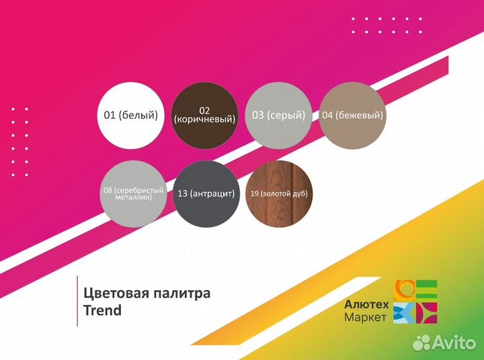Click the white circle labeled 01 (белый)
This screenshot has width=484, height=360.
click(x=131, y=116)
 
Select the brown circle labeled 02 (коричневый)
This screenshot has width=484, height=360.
click(x=205, y=116)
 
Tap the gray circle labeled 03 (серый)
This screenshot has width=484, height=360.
click(x=278, y=116)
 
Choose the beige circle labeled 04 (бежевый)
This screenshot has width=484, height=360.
click(x=352, y=116)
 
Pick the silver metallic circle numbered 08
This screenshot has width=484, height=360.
click(x=132, y=193)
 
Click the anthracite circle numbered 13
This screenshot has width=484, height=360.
click(x=207, y=193)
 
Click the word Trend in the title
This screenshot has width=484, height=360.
click(x=102, y=310)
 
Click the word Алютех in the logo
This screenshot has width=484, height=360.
click(x=365, y=304)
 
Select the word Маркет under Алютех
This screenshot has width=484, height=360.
click(x=365, y=317)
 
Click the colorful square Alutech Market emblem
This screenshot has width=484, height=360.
click(x=415, y=302)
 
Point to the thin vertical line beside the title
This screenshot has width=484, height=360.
click(x=77, y=301)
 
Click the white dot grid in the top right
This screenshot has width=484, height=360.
click(x=387, y=26)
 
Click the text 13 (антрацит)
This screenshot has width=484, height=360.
click(x=207, y=193)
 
